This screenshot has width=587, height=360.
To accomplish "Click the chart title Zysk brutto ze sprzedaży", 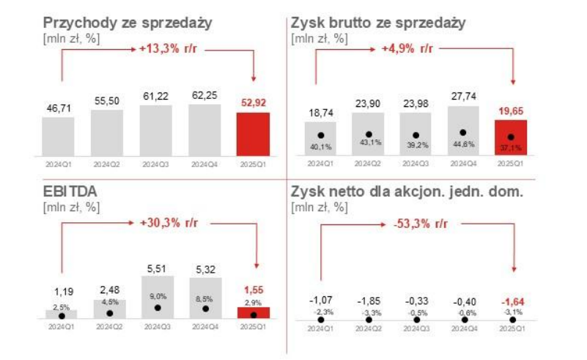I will pos(378,23).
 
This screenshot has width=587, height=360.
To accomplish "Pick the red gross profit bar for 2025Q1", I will pos(512,137).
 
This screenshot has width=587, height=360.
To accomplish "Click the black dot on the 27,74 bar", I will pos(463,133).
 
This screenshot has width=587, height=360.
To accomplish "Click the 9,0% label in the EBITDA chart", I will pos(156,296).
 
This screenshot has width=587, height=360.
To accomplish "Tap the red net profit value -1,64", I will pos(512,301).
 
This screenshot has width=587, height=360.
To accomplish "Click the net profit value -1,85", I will pos(368,301).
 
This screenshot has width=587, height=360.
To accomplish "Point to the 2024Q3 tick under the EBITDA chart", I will pos(156,327).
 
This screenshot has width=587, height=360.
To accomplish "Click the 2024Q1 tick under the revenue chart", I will pos(58,165).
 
